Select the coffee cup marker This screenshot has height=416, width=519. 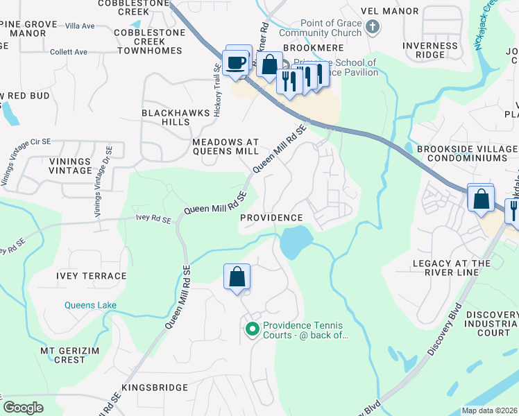[236, 62]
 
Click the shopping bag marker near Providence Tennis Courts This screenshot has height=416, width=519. [237, 277]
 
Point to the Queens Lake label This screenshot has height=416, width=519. [91, 305]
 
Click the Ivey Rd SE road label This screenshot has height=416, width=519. [153, 219]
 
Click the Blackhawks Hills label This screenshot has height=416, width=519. [166, 117]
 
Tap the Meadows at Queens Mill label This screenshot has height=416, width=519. [226, 146]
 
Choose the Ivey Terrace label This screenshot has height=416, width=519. [92, 276]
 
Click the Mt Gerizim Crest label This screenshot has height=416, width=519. [62, 355]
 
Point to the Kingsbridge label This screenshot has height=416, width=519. [155, 387]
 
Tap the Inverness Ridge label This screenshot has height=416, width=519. [430, 50]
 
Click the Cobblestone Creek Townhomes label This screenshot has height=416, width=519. [148, 42]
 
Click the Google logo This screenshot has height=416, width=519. [23, 408]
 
